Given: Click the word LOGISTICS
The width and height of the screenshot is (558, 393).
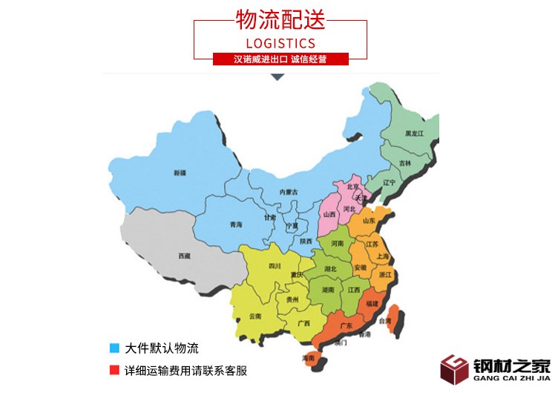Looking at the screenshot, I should (x=280, y=42).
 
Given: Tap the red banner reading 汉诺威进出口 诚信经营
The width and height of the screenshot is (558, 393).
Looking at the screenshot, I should (x=280, y=59).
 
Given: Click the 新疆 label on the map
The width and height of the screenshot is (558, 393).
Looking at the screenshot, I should (x=180, y=172).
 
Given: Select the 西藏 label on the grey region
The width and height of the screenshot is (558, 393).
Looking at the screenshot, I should (x=184, y=256).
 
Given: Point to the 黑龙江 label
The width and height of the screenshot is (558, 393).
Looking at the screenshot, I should (x=414, y=133).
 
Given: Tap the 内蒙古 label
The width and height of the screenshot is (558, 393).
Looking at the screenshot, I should (x=288, y=192).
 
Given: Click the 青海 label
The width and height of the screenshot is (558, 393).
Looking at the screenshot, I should (x=236, y=224).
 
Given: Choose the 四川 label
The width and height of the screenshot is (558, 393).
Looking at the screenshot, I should (x=275, y=265).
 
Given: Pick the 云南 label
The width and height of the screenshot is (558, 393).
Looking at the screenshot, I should (x=255, y=316).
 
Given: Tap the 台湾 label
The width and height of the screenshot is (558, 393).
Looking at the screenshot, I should (x=384, y=322).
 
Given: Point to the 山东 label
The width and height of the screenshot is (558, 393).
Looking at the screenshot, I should (x=369, y=221).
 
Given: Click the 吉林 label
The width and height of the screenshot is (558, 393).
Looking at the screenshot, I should (x=404, y=163).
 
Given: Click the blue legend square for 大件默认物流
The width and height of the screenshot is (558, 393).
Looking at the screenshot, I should (x=114, y=348).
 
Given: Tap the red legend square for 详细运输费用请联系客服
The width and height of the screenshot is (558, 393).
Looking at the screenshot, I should (x=114, y=369).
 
